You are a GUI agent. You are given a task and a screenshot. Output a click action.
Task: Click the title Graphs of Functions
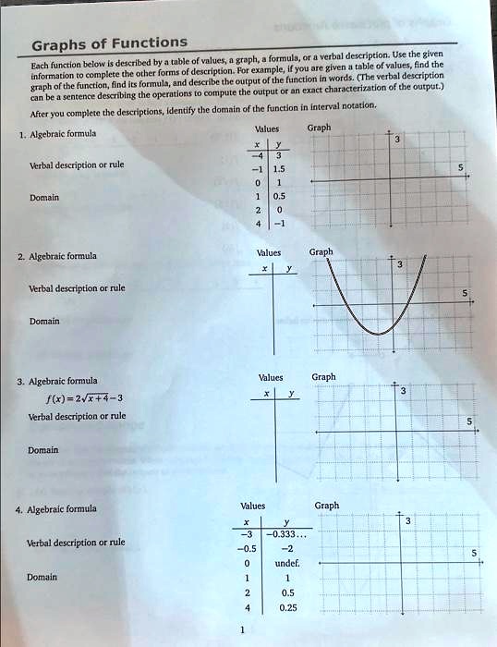point(109,43)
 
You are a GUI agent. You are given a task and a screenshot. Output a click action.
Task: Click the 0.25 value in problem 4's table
point(287,607)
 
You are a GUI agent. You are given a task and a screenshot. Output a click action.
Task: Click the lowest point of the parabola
point(378,334)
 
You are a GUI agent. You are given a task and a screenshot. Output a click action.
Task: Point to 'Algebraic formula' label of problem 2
point(63,256)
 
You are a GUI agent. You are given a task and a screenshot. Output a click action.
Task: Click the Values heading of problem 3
point(271,377)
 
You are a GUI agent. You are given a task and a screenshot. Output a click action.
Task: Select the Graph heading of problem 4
point(326,506)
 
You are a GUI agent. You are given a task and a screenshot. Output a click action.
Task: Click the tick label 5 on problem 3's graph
point(469,421)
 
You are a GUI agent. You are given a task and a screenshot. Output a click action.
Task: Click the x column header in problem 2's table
point(265,269)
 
